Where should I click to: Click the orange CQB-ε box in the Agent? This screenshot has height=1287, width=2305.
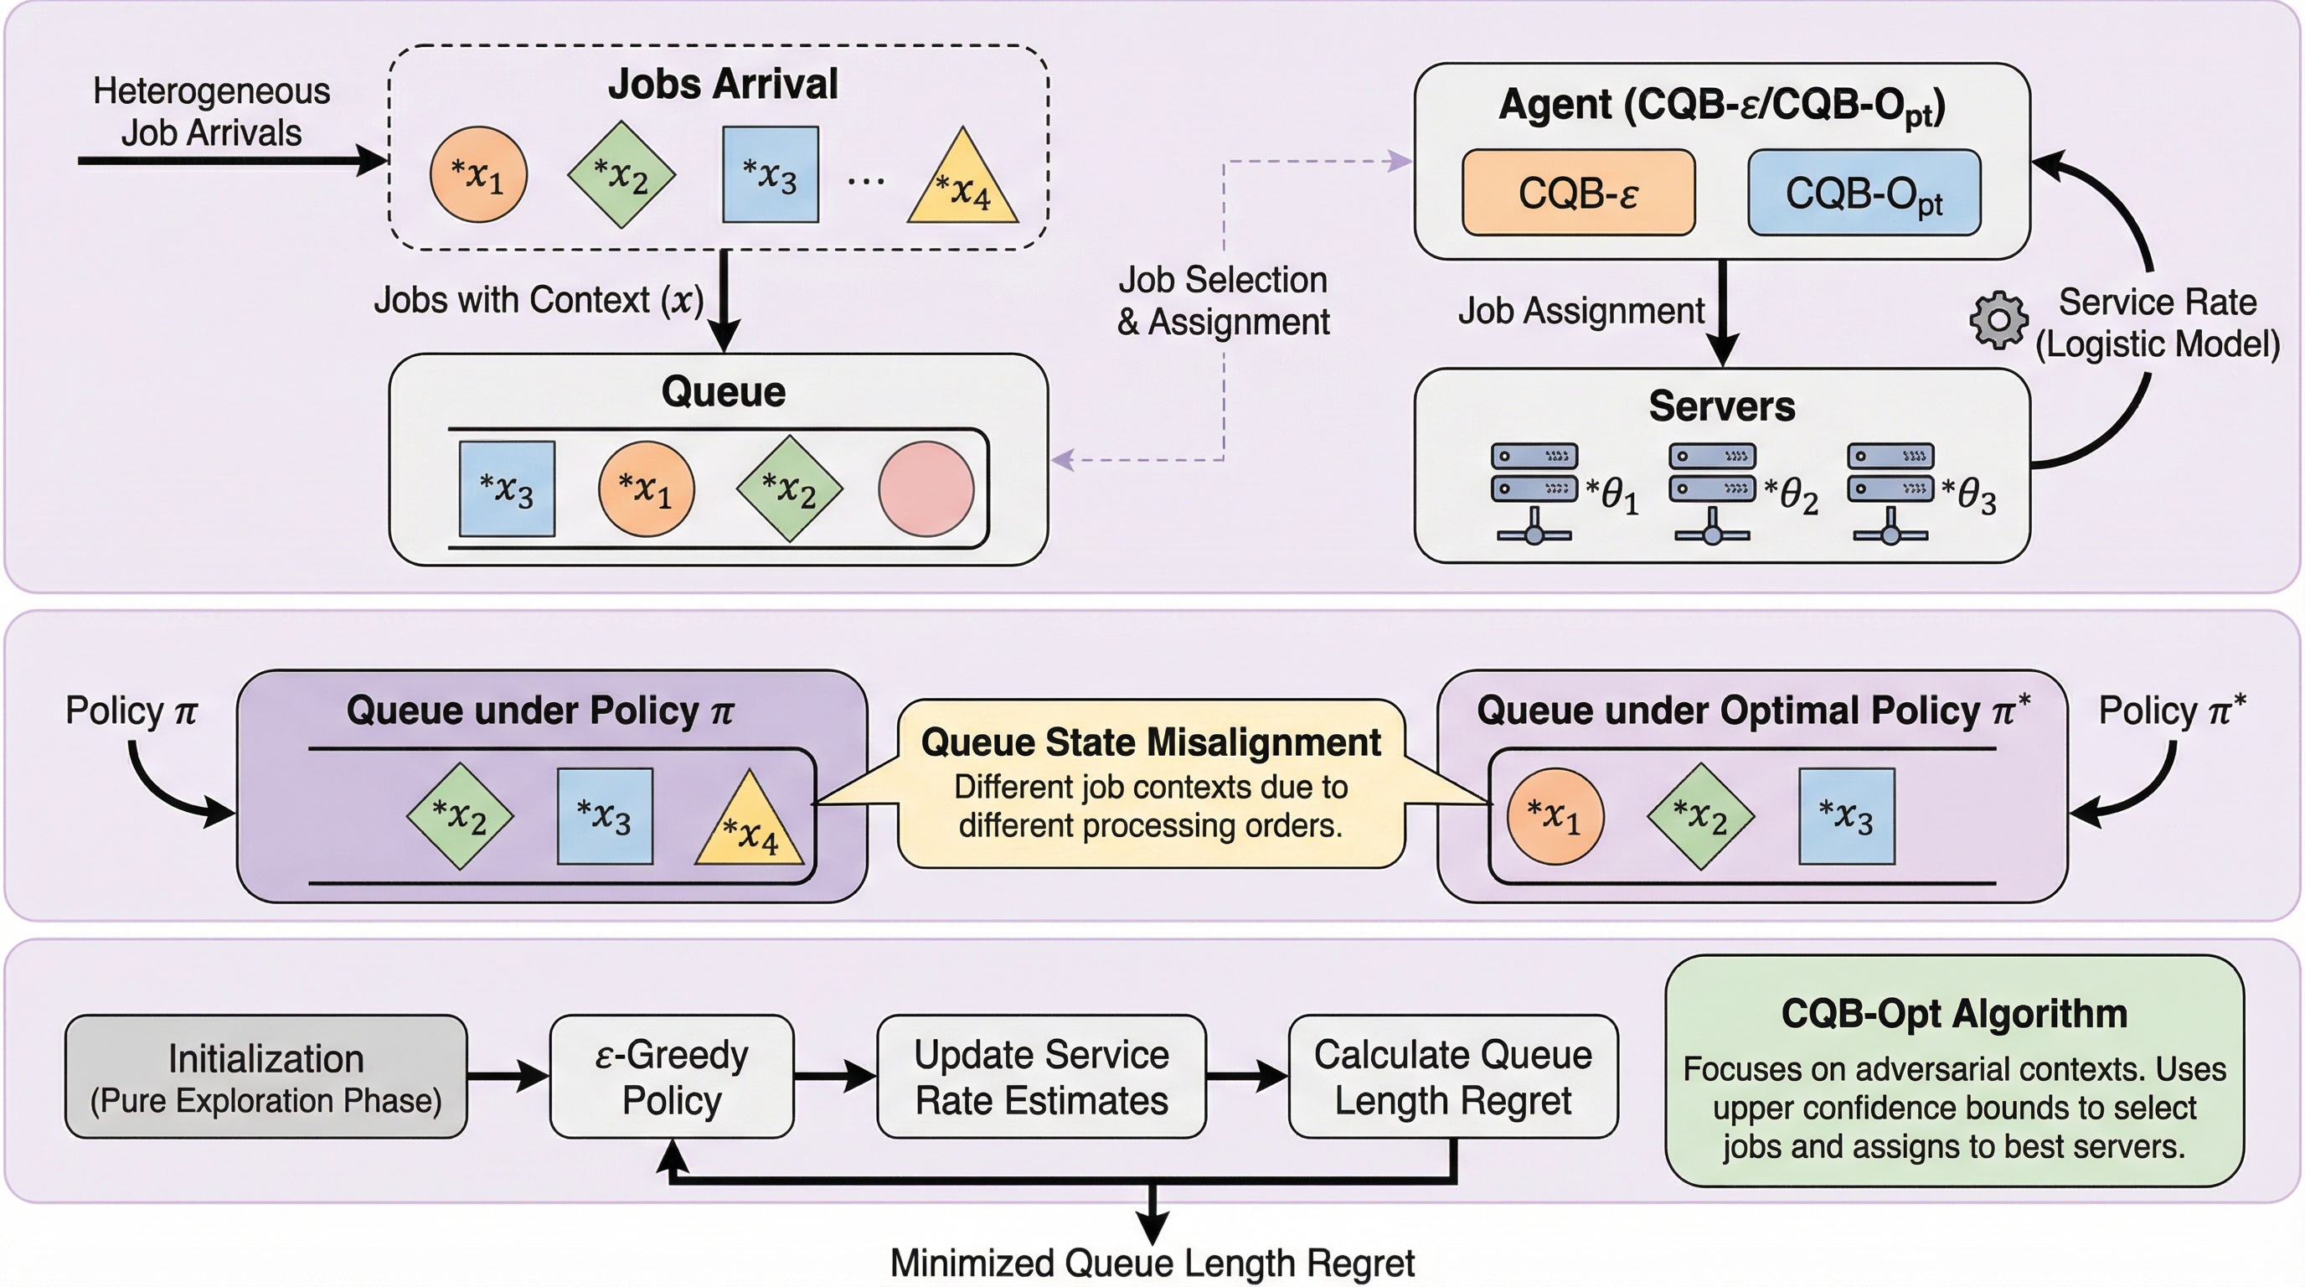pyautogui.click(x=1577, y=193)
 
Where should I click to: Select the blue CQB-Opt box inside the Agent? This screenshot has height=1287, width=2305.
pyautogui.click(x=1863, y=193)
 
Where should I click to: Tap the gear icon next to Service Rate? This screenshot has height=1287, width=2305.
pyautogui.click(x=1998, y=319)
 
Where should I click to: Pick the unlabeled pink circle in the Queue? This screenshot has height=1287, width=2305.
pyautogui.click(x=926, y=488)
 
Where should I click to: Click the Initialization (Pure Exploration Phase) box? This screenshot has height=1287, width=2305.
pyautogui.click(x=266, y=1076)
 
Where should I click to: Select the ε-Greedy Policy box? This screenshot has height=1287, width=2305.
pyautogui.click(x=671, y=1076)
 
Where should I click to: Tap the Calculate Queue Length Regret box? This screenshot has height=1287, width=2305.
pyautogui.click(x=1452, y=1076)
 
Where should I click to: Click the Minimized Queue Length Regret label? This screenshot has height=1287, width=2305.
pyautogui.click(x=1152, y=1263)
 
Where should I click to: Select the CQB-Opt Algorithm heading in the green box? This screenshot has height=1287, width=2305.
pyautogui.click(x=1953, y=1013)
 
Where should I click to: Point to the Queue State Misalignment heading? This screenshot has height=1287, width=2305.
pyautogui.click(x=1151, y=742)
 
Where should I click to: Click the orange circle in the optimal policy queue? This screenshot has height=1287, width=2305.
pyautogui.click(x=1555, y=815)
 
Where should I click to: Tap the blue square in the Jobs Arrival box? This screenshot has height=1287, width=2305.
pyautogui.click(x=770, y=174)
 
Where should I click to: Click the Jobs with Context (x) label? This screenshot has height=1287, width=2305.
pyautogui.click(x=539, y=300)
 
